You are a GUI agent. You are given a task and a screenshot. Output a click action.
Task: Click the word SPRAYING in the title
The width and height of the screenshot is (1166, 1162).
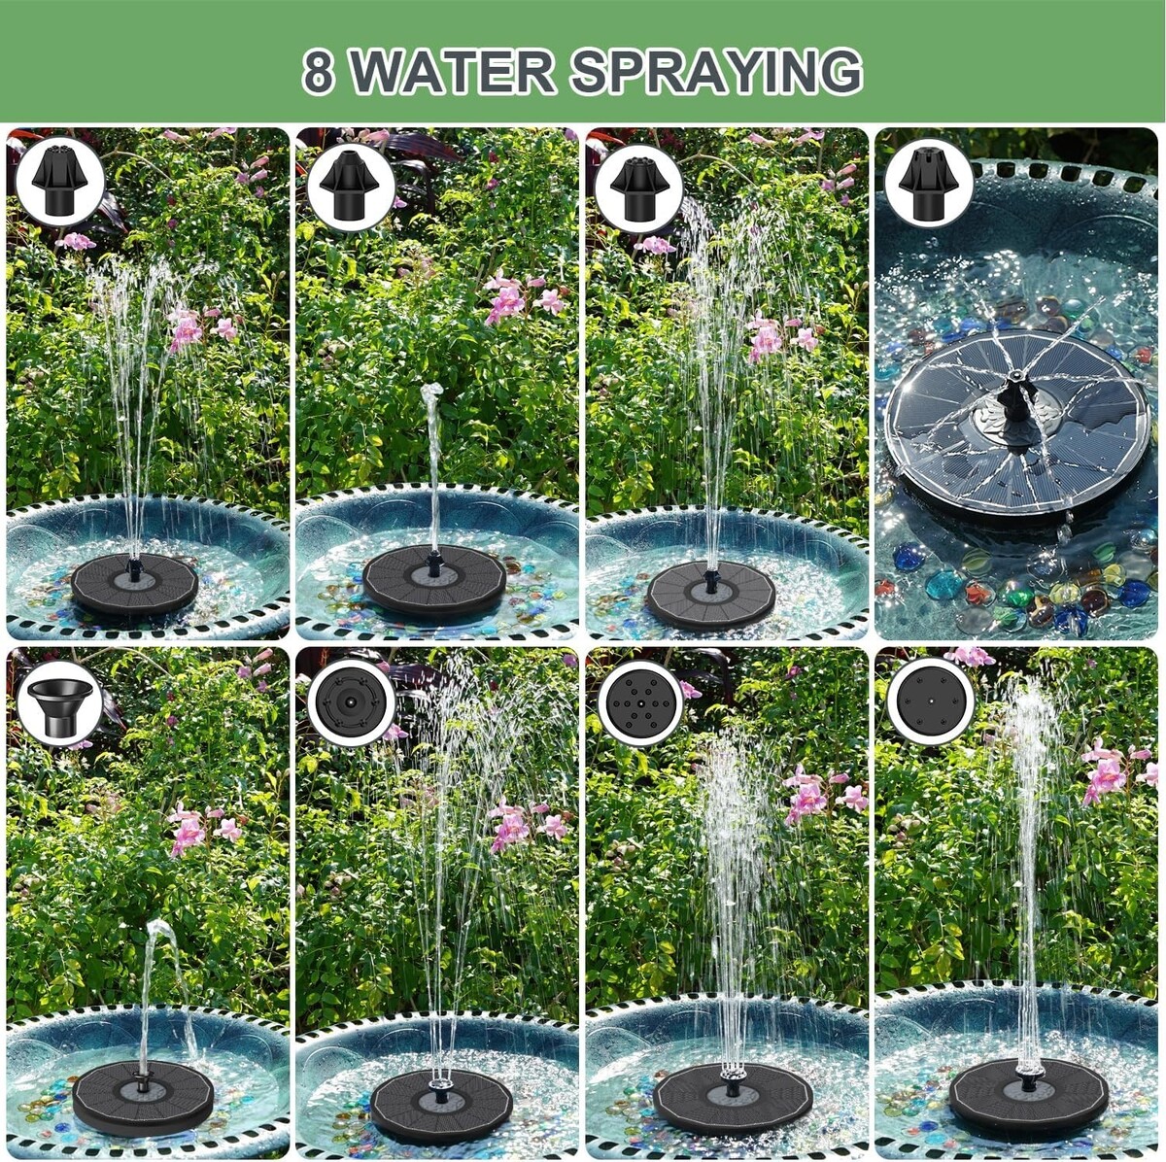[716, 72]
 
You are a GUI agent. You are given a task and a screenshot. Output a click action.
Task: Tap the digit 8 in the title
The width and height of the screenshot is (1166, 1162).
[318, 72]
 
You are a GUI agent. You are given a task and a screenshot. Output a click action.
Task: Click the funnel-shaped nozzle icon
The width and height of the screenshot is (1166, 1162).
[60, 707]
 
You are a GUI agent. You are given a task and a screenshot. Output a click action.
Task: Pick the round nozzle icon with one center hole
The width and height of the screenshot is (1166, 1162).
[931, 702]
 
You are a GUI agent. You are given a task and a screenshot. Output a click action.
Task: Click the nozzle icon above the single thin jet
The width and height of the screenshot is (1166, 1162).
[350, 186]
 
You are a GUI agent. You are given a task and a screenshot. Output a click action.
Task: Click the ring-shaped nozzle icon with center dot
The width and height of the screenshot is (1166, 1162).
[352, 703]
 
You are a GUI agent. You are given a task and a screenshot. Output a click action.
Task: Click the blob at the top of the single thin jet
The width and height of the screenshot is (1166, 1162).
[429, 393]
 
